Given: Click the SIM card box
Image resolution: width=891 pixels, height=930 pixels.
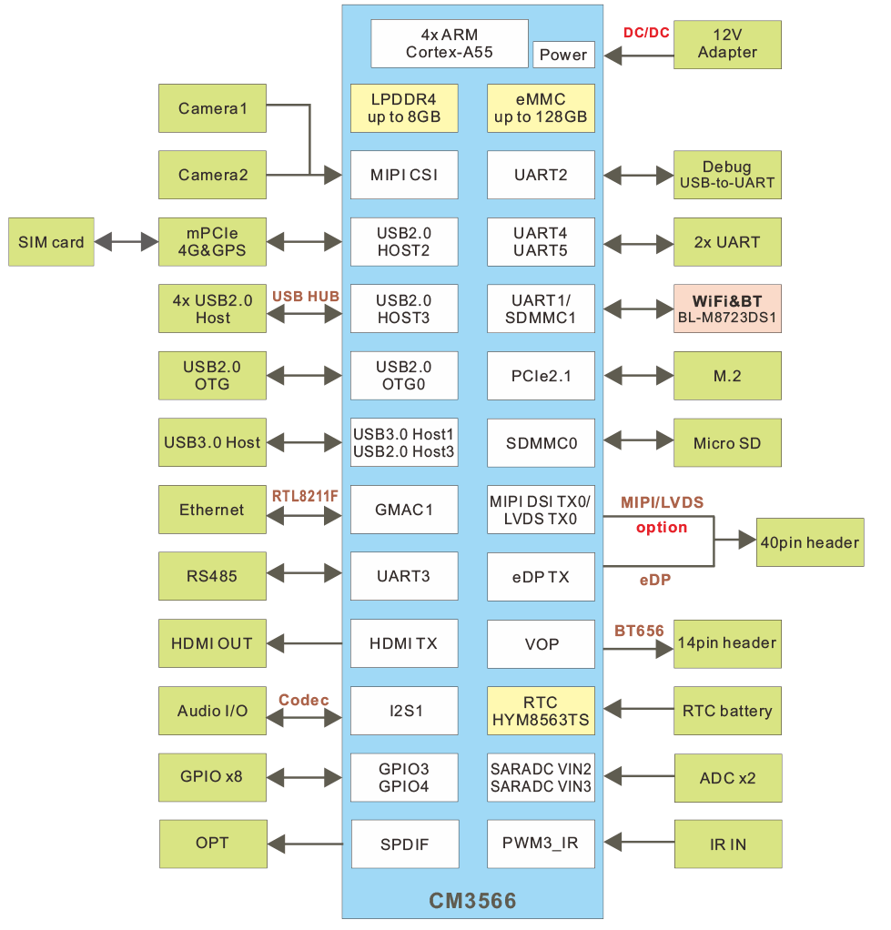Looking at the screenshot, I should [x=51, y=242].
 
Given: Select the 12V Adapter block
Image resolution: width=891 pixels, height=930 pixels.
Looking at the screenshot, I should [x=727, y=44].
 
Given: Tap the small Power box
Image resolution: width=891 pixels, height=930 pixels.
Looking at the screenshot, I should [x=563, y=55].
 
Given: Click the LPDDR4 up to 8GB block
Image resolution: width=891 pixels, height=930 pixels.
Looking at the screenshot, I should [x=404, y=108].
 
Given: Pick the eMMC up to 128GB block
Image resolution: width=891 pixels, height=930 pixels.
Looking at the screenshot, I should [x=541, y=108].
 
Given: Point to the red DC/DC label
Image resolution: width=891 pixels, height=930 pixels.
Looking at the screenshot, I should [x=646, y=33].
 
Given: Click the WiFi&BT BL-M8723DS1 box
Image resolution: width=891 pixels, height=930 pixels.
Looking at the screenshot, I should [x=727, y=309].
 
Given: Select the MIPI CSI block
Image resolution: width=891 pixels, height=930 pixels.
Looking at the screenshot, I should [x=404, y=175].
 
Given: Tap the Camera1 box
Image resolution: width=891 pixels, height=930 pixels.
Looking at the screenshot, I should [x=212, y=108].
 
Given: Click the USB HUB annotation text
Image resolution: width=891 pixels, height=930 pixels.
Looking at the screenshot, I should [x=306, y=296].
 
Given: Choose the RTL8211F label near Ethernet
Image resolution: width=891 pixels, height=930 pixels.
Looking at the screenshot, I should [x=305, y=496].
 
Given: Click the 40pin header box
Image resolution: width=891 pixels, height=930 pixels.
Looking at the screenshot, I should [x=810, y=542].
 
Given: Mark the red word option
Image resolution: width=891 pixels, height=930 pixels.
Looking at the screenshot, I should [x=662, y=528].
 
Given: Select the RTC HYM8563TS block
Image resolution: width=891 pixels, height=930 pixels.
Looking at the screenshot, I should [x=541, y=711].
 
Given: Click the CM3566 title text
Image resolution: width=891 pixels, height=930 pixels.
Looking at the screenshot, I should [x=472, y=902].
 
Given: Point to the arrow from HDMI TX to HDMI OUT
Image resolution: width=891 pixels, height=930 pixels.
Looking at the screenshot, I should [x=309, y=643].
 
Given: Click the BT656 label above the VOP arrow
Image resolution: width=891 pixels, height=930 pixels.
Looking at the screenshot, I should [x=639, y=631].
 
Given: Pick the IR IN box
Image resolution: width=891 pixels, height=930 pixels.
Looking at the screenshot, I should [x=727, y=844].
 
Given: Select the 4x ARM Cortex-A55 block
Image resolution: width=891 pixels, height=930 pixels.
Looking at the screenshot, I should [x=450, y=44].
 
